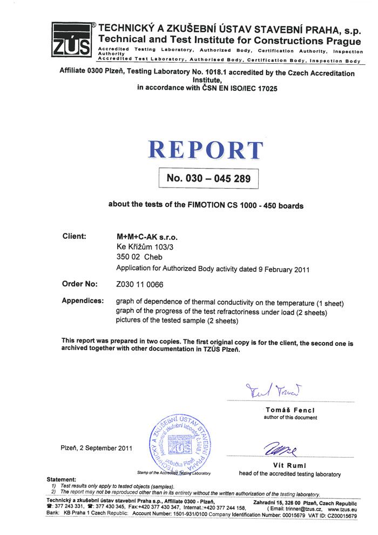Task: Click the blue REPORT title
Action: [x=206, y=150]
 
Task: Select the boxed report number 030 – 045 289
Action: [x=208, y=178]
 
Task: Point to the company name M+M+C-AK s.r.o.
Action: [x=147, y=237]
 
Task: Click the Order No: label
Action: [x=80, y=283]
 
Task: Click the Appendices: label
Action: [x=83, y=300]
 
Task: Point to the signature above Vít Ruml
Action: [x=281, y=448]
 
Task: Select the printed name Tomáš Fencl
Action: [x=290, y=410]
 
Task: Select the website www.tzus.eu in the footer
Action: [x=342, y=509]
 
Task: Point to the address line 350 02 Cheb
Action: [x=139, y=257]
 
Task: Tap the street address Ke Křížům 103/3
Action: [x=143, y=247]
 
